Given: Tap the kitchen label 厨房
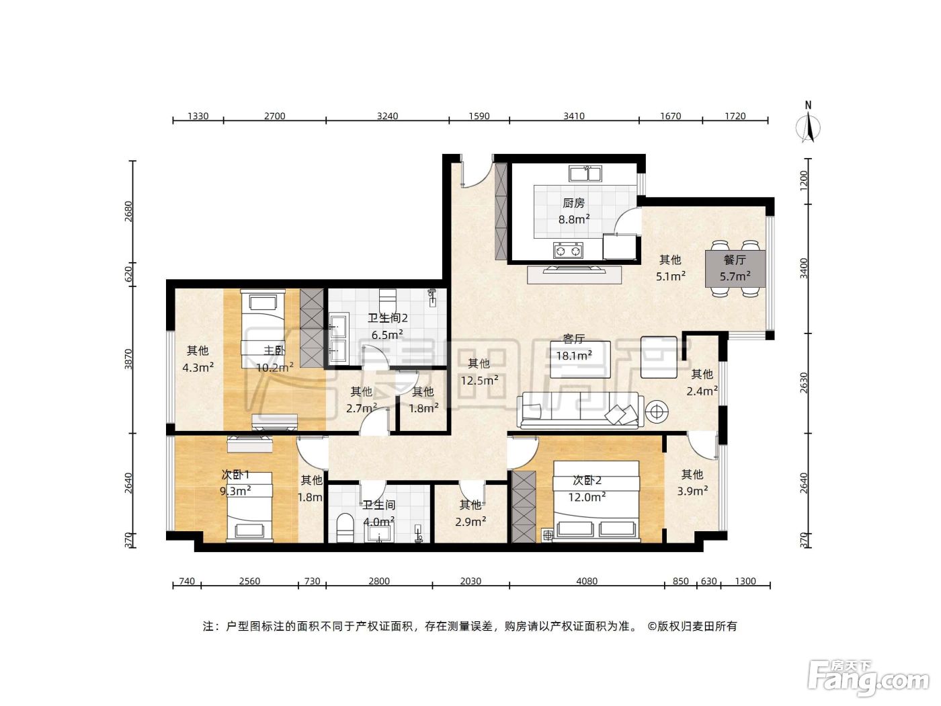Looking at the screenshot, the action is pyautogui.click(x=573, y=203).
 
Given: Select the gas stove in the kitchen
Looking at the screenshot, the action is pyautogui.click(x=568, y=250).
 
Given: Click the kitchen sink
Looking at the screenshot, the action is pyautogui.click(x=585, y=173).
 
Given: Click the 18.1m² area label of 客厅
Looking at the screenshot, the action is pyautogui.click(x=574, y=356).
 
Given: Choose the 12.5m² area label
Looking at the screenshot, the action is pyautogui.click(x=479, y=380).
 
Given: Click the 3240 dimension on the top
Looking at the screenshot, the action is pyautogui.click(x=387, y=116).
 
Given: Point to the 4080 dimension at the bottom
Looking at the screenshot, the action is pyautogui.click(x=587, y=581).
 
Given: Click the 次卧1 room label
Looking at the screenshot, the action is pyautogui.click(x=235, y=475).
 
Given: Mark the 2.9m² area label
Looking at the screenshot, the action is pyautogui.click(x=470, y=522).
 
